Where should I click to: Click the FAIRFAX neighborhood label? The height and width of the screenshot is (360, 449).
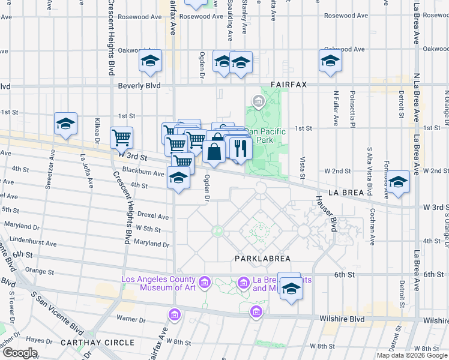[x=289, y=85]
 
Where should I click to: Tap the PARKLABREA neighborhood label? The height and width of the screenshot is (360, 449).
[x=262, y=259]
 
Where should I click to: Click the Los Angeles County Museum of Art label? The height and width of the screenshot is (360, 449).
[x=158, y=283]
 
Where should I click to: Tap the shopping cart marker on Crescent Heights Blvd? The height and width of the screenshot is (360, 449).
[x=122, y=137]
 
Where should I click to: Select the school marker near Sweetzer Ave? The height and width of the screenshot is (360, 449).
[x=65, y=124]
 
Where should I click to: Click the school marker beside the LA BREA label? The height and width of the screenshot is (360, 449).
[x=398, y=181]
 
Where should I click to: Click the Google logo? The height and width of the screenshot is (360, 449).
[x=20, y=353]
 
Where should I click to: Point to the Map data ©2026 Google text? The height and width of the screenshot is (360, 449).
[x=412, y=355]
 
